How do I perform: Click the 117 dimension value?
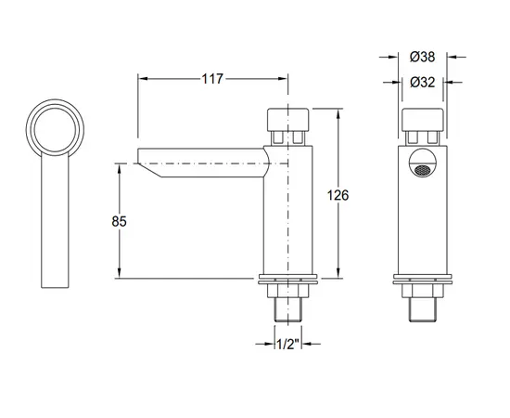[x=212, y=78]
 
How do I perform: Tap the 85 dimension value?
[x=118, y=221]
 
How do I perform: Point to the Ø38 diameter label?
[x=423, y=58]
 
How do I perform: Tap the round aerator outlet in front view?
[x=423, y=170]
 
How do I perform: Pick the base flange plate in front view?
[x=423, y=278]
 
